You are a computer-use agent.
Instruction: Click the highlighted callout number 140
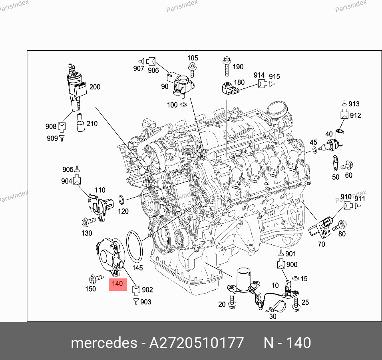[117, 284]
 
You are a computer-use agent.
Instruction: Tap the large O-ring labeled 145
[127, 246]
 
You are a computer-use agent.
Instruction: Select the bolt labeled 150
[96, 278]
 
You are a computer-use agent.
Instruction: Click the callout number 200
[95, 87]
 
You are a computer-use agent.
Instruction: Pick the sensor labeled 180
[230, 88]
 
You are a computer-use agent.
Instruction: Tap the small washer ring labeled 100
[183, 105]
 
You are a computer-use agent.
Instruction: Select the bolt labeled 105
[193, 70]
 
